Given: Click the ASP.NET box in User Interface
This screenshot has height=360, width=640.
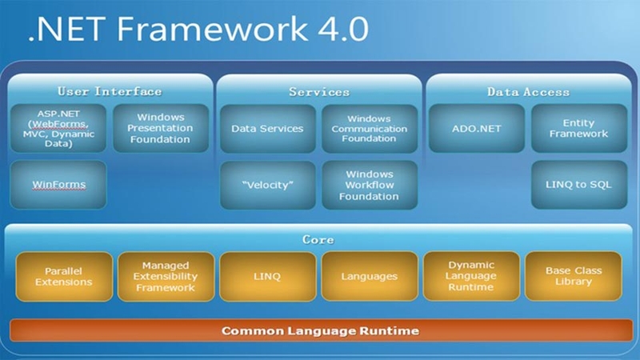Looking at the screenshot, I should click(x=58, y=128).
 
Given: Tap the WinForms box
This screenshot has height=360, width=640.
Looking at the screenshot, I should click(x=58, y=185).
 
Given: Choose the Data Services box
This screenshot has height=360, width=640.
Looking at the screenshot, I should click(x=267, y=128).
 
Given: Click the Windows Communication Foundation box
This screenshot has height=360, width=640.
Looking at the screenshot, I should click(x=370, y=128).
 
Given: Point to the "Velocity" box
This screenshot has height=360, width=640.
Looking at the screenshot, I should click(x=267, y=185).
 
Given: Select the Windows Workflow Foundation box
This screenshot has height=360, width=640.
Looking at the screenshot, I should click(x=370, y=185).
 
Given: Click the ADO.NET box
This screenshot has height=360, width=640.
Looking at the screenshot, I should click(x=477, y=128).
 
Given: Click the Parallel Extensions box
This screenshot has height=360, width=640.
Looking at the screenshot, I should click(x=63, y=276).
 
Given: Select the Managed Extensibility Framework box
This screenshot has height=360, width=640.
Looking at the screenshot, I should click(x=166, y=276).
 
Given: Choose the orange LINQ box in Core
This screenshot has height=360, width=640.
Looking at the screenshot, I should click(x=267, y=276).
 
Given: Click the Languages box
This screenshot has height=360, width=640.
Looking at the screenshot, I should click(x=370, y=276).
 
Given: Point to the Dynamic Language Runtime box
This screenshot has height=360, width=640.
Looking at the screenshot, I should click(x=471, y=276).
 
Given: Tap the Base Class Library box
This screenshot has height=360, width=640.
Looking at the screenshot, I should click(x=574, y=276).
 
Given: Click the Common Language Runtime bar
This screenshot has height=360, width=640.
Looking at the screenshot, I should click(x=320, y=330).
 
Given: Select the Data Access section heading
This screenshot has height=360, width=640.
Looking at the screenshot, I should click(x=528, y=92).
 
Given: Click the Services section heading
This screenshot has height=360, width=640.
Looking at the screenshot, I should click(x=319, y=92).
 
